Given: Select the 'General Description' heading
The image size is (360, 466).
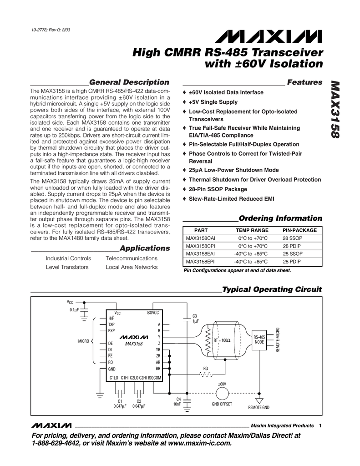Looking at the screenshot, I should coord(129,82).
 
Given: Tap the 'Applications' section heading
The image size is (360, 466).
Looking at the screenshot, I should coord(144,248).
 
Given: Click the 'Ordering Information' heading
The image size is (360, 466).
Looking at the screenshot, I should coord(280,218).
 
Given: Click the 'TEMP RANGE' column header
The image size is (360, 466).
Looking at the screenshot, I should coord(252,230).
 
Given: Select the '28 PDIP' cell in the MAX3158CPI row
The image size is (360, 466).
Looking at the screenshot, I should coord(293,246).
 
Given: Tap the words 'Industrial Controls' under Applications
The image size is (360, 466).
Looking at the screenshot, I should coord(68,258).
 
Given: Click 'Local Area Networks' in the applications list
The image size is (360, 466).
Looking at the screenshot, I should coord(132,267).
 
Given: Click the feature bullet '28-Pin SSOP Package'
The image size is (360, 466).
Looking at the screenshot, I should coord(218,189).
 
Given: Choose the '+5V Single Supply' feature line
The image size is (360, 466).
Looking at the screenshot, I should coord(213,102).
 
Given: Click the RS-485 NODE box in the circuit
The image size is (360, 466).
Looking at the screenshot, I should coord(259,339).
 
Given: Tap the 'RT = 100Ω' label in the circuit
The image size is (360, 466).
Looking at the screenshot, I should coord(222,340).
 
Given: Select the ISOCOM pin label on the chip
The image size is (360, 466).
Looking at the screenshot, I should coord(155,378).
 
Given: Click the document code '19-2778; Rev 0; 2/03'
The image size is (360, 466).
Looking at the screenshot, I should coord(51,30).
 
